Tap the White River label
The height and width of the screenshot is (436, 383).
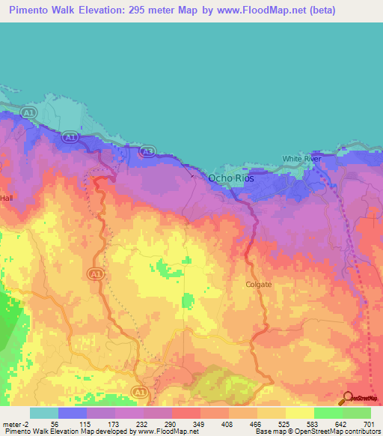[x=301, y=159]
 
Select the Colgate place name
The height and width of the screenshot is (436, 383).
[x=258, y=285]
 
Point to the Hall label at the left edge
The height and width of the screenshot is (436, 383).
[x=7, y=198]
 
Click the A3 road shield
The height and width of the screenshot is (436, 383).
[x=148, y=152]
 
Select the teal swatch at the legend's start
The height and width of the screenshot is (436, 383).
[x=43, y=413]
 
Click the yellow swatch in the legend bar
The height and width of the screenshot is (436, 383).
[x=300, y=413]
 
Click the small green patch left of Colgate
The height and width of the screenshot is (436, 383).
[x=186, y=302]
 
